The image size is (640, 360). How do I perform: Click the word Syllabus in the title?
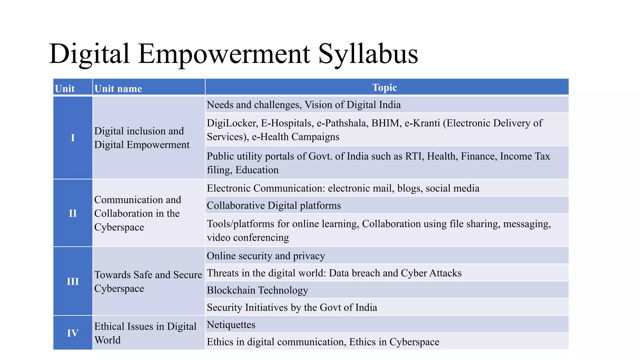(368, 54)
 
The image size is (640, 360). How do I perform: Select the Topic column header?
(384, 87)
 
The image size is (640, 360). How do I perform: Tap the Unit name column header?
(118, 89)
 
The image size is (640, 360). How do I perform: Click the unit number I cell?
(73, 137)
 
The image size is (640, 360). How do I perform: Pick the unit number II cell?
(73, 213)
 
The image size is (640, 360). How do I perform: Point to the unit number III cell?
(73, 281)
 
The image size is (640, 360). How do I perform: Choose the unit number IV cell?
(73, 333)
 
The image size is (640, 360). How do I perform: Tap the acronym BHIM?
(386, 123)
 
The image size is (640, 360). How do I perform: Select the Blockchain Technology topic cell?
(257, 290)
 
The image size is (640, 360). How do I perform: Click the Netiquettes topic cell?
(231, 325)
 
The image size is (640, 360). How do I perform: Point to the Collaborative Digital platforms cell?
(274, 206)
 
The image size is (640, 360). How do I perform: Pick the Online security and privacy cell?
(266, 256)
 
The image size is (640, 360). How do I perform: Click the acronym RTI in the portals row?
(413, 156)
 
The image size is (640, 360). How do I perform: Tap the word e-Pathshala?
(342, 123)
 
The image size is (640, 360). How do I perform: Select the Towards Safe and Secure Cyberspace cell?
(148, 281)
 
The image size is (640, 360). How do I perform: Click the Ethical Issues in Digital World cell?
(145, 333)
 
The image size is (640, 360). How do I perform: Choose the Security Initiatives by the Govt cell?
(292, 307)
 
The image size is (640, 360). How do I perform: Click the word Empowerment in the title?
(224, 54)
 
